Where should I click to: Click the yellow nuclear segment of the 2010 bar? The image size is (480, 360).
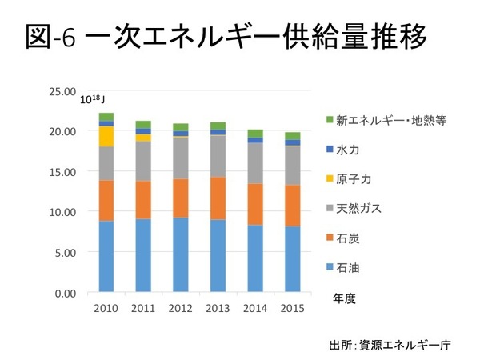point(106,137)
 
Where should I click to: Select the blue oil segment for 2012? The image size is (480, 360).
point(181,255)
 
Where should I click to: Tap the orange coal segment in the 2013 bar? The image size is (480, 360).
point(218,198)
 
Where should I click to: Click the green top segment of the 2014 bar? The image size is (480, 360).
point(255,134)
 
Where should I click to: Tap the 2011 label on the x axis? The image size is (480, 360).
point(143,309)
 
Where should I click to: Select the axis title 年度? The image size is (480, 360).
point(345,298)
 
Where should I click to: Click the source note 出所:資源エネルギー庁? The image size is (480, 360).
point(390,346)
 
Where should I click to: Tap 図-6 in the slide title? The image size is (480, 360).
point(50,38)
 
